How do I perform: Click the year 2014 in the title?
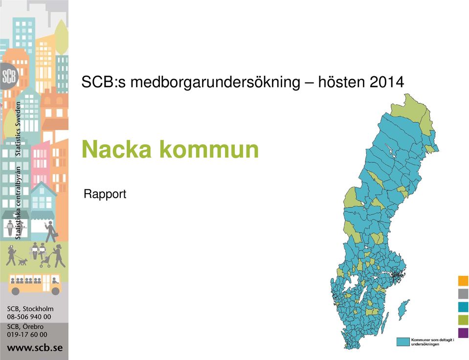386,82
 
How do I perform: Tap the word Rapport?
105,194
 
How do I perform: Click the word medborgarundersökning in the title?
215,83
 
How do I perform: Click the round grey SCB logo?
9,76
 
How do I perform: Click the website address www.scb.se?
35,348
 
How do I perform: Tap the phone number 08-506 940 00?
29,316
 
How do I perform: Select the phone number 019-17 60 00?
27,334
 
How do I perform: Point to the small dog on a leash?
22,262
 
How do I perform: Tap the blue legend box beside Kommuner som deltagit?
402,342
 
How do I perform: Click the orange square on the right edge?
463,281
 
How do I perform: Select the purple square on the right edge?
463,333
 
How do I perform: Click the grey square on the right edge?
463,293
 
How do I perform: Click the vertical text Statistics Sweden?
18,129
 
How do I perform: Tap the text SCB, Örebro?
25,326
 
